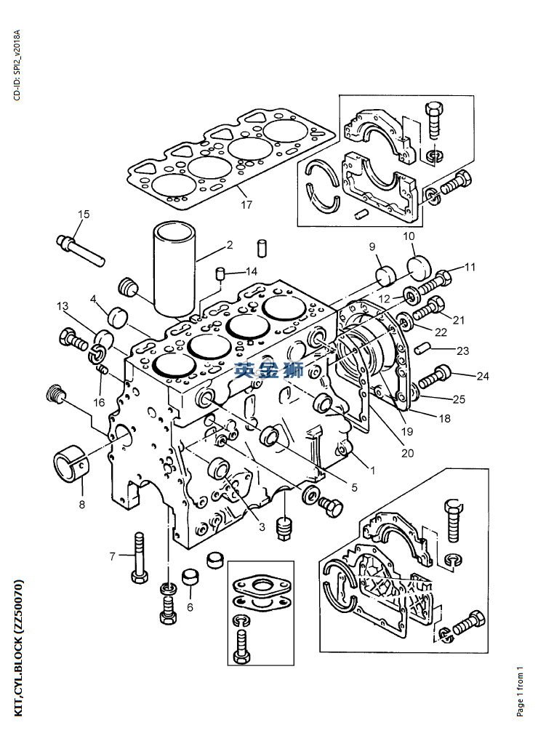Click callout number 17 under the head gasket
pyautogui.click(x=246, y=204)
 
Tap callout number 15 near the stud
pyautogui.click(x=84, y=214)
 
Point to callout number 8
pyautogui.click(x=82, y=505)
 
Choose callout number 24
pyautogui.click(x=483, y=376)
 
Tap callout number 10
pyautogui.click(x=409, y=236)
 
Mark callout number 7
pyautogui.click(x=113, y=557)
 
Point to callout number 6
pyautogui.click(x=190, y=607)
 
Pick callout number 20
pyautogui.click(x=408, y=453)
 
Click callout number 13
pyautogui.click(x=63, y=306)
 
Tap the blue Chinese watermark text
pyautogui.click(x=270, y=370)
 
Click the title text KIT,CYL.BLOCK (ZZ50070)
pyautogui.click(x=18, y=648)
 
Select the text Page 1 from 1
pyautogui.click(x=520, y=691)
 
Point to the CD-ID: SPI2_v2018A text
pyautogui.click(x=17, y=65)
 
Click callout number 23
pyautogui.click(x=463, y=351)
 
